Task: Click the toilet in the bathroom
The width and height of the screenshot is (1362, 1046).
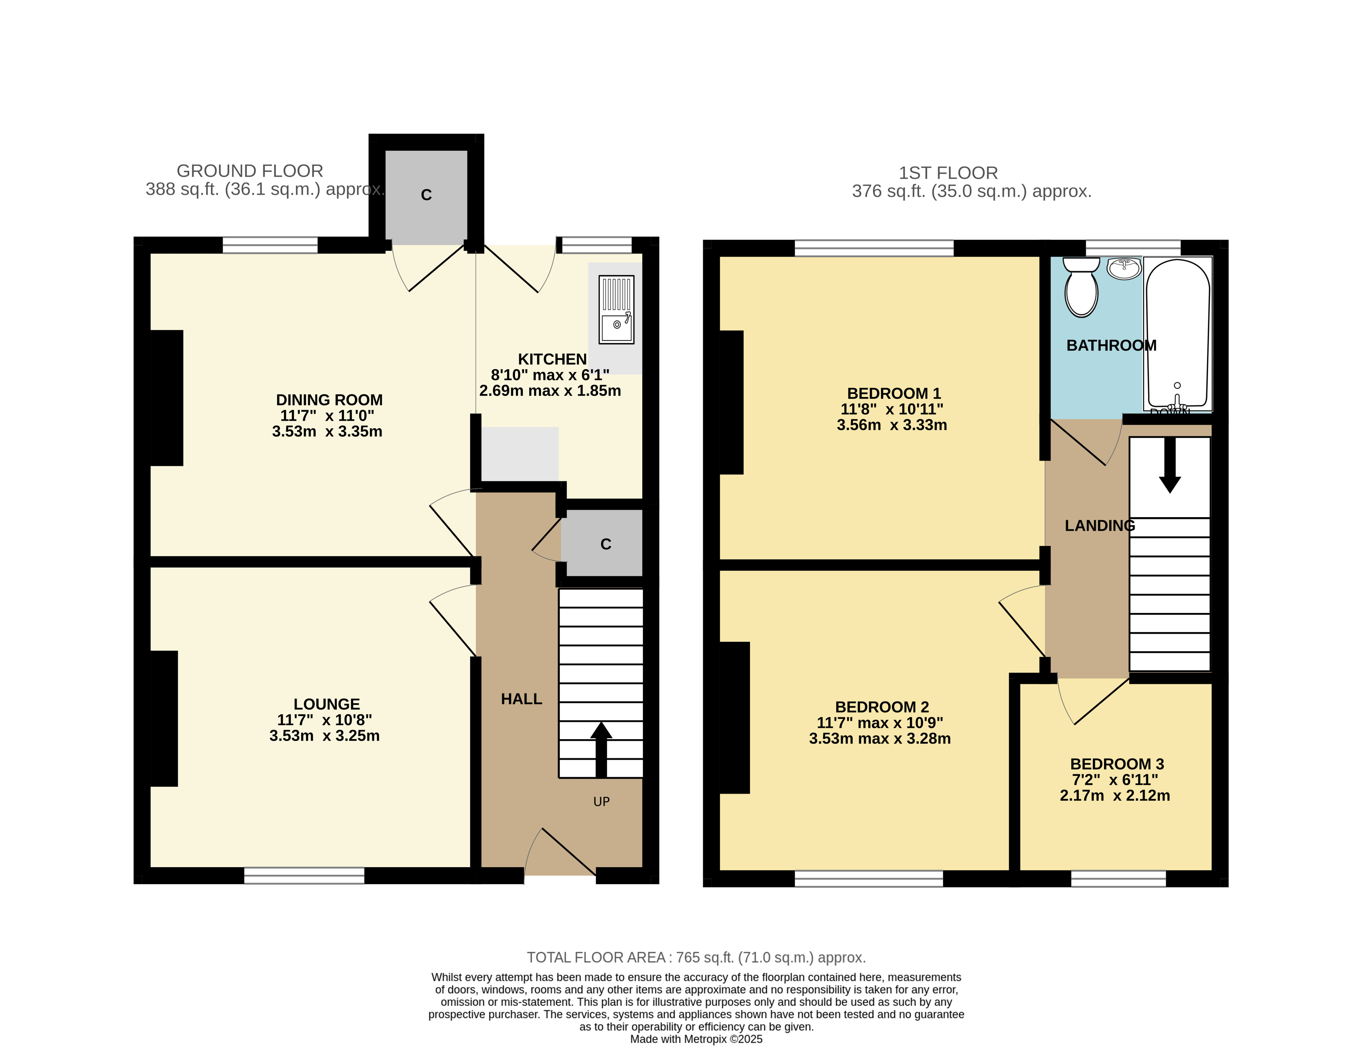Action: coord(1081,288)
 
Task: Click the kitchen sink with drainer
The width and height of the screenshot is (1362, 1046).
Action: coord(616,309)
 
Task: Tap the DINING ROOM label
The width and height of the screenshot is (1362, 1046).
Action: coord(329,400)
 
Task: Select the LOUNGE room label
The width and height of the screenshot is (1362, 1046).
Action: coord(327,704)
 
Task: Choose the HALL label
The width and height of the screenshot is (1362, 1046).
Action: coord(522,699)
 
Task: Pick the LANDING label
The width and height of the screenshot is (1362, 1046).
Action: coord(1100,526)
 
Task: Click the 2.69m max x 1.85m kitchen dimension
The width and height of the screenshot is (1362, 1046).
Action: coord(550,390)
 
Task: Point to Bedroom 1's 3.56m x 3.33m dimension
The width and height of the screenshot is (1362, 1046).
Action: coord(892,425)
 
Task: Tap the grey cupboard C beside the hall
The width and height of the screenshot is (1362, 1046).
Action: coord(602,543)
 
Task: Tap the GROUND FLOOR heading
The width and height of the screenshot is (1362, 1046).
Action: coord(250,171)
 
